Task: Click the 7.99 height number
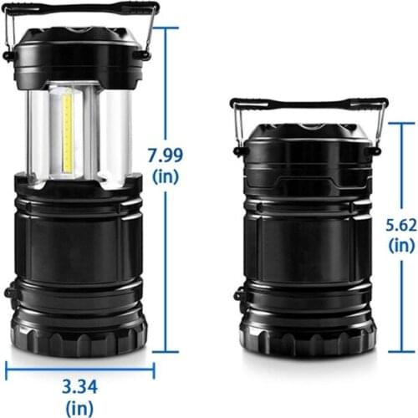point(166,155)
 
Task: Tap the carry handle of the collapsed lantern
point(309,104)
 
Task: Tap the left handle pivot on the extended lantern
point(8,55)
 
